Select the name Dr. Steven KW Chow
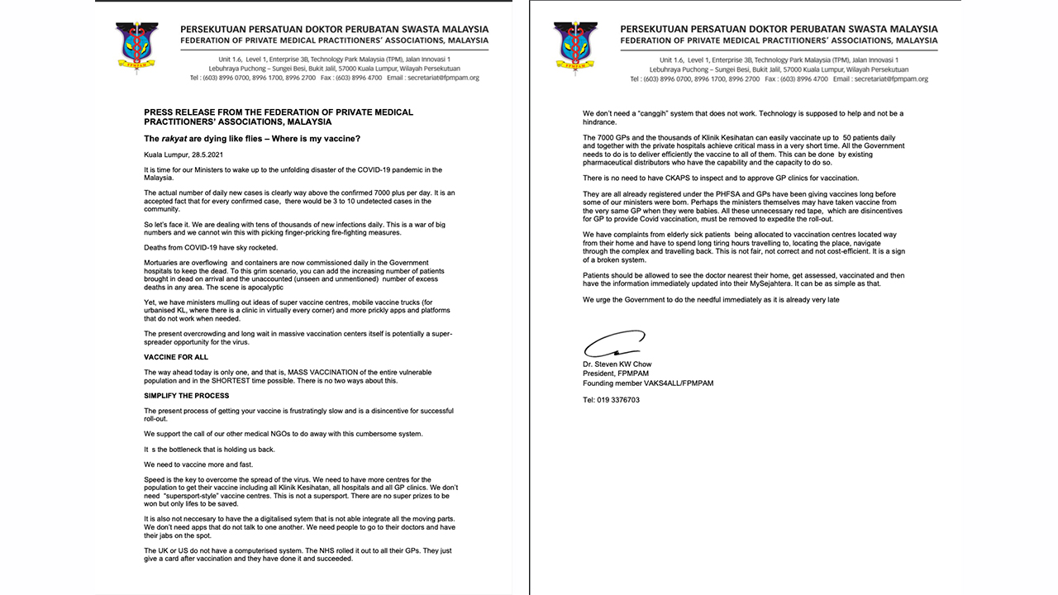pos(617,364)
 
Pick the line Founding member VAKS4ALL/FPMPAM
pos(647,383)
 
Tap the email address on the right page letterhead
pos(891,79)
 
